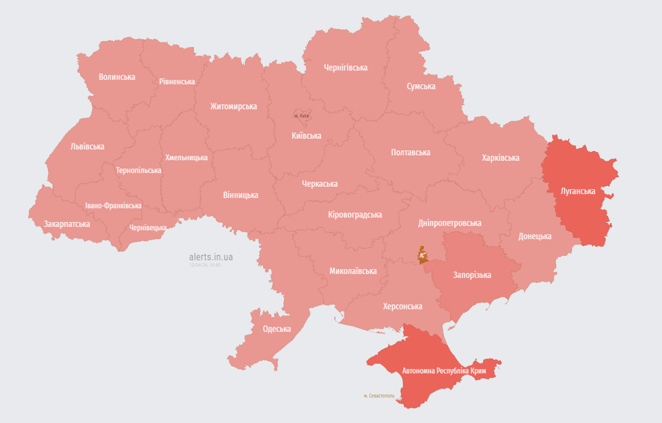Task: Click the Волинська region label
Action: [x=117, y=77]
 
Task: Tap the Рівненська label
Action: [x=177, y=82]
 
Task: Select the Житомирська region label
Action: [x=233, y=106]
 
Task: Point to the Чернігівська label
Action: [x=346, y=68]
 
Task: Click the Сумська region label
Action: [x=421, y=86]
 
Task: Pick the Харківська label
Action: [x=500, y=158]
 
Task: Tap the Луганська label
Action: [x=578, y=192]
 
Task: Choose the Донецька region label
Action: [x=534, y=236]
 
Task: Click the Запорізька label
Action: [x=472, y=275]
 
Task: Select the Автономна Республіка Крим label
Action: [x=444, y=371]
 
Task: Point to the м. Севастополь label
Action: [x=379, y=395]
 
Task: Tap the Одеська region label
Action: [x=276, y=329]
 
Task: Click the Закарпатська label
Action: [x=67, y=224]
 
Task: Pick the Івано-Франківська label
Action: [x=113, y=205]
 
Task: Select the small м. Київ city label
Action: [x=301, y=116]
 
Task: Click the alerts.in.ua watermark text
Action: [x=210, y=257]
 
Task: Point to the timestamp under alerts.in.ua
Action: [x=204, y=265]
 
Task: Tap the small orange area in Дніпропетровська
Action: [x=422, y=255]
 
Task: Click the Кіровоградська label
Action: [x=354, y=215]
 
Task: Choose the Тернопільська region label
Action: [x=139, y=170]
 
